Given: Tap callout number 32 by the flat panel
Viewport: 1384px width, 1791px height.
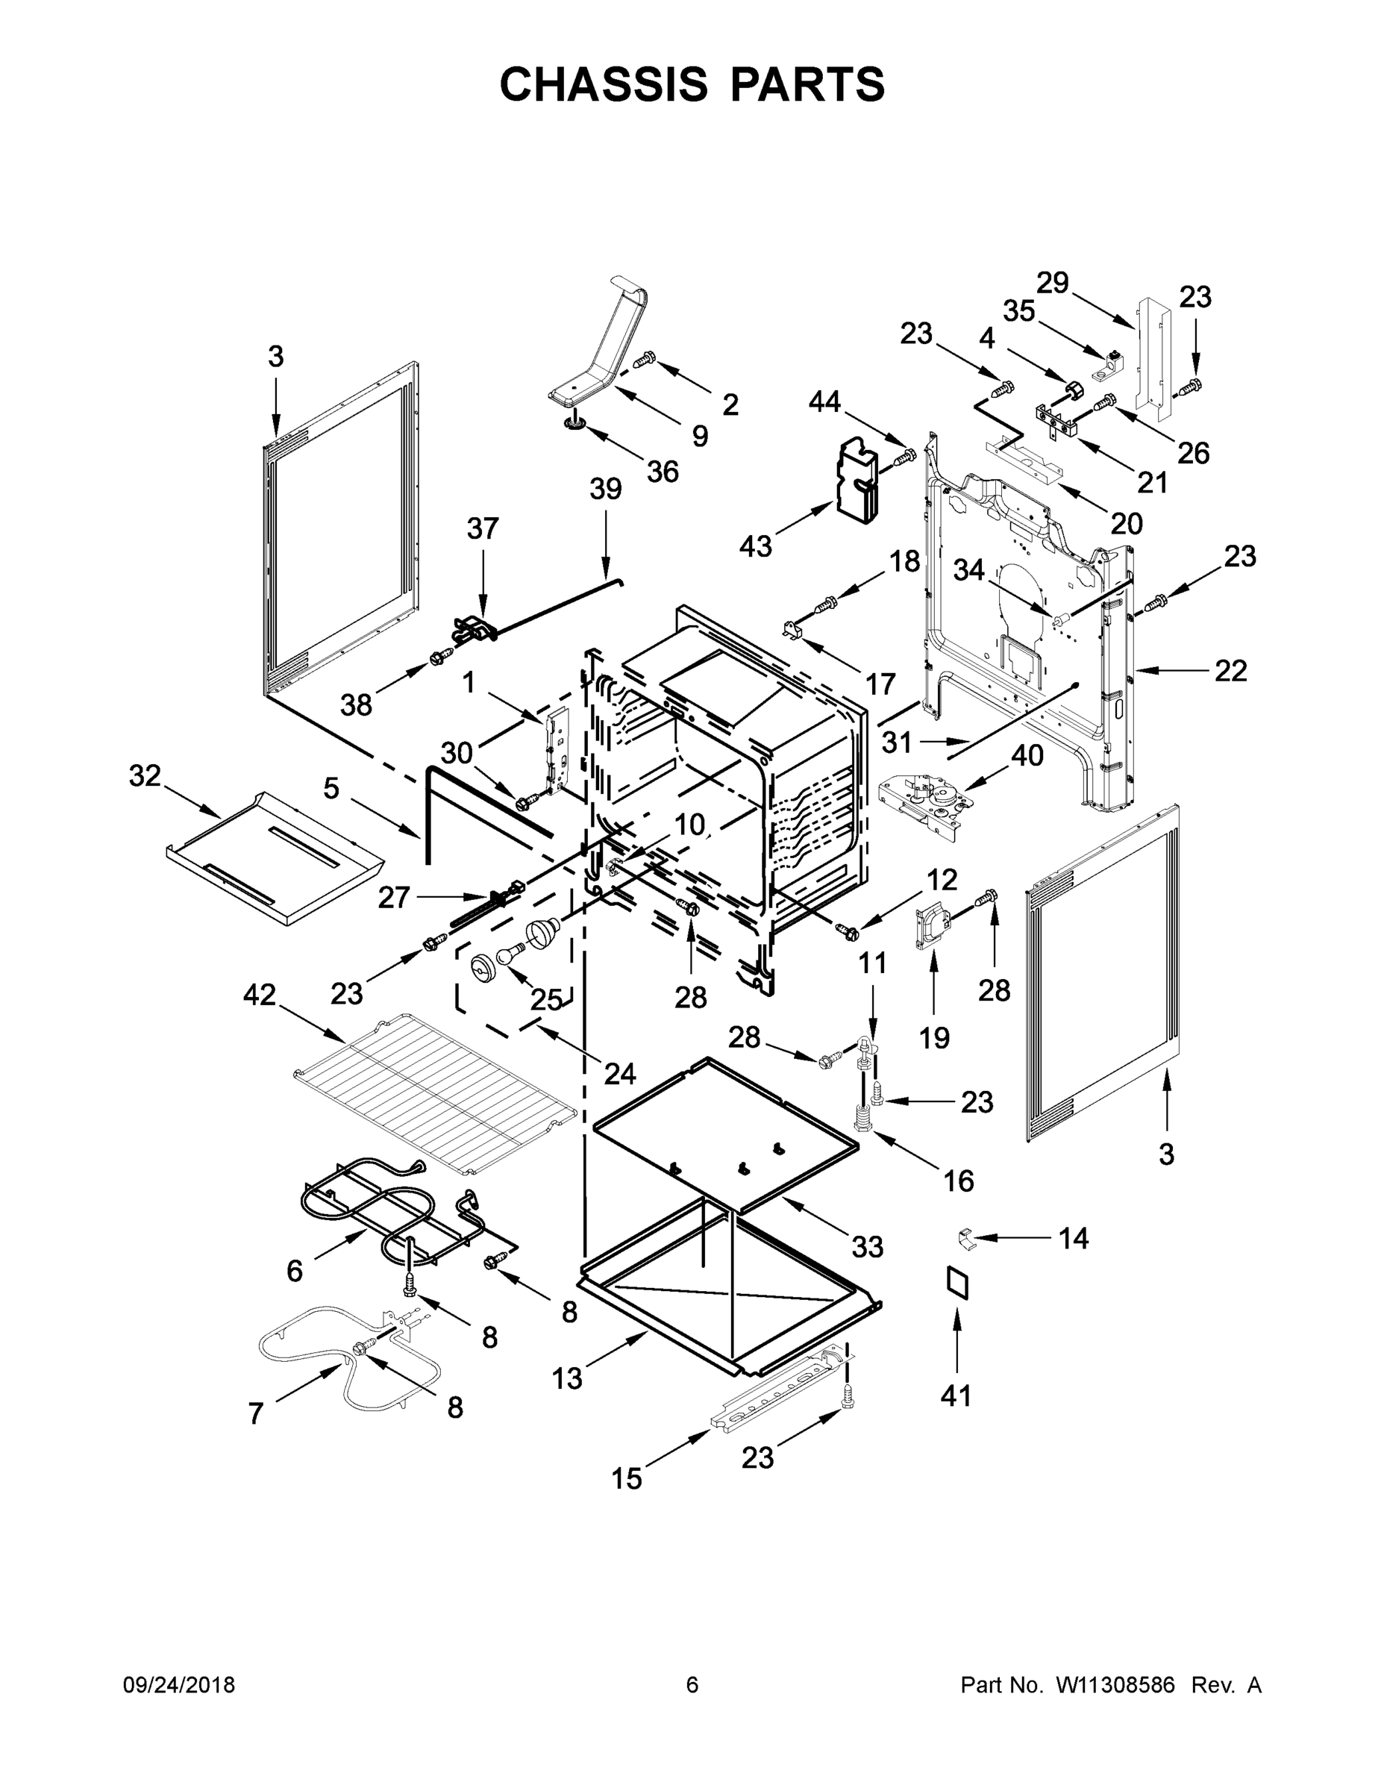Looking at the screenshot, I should click(x=145, y=776).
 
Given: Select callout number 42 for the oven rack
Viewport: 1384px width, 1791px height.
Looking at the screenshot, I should click(x=260, y=995).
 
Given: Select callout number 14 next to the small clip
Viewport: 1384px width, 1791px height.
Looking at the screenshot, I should click(x=1074, y=1238).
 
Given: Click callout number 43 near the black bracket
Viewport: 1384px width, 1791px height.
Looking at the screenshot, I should click(x=756, y=546).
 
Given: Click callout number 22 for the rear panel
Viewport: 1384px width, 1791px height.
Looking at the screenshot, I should click(x=1230, y=671).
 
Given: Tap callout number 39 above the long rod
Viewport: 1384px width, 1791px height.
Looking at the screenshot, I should click(x=606, y=490).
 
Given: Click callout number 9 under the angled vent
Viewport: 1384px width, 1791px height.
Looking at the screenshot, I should click(x=699, y=437).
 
